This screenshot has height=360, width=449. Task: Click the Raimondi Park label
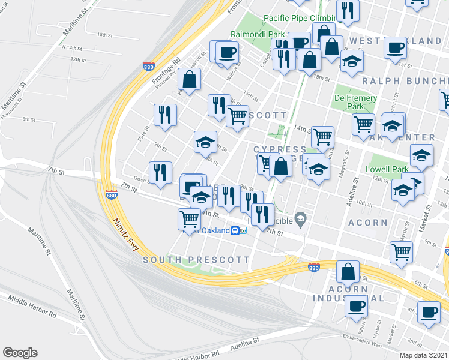pyautogui.click(x=258, y=35)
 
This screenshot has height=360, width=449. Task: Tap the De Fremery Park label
pyautogui.click(x=356, y=102)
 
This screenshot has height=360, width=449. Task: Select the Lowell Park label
pyautogui.click(x=387, y=170)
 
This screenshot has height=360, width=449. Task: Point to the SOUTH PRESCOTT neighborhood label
pyautogui.click(x=196, y=260)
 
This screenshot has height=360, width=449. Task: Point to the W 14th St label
pyautogui.click(x=70, y=47)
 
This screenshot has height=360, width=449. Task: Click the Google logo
pyautogui.click(x=20, y=353)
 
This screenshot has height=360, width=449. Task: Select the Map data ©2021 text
pyautogui.click(x=423, y=355)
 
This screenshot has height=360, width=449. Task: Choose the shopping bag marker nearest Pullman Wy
pyautogui.click(x=189, y=79)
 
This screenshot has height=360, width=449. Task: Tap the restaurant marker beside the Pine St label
pyautogui.click(x=164, y=115)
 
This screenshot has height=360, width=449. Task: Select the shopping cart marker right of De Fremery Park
pyautogui.click(x=364, y=125)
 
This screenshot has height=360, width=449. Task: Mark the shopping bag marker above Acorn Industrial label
pyautogui.click(x=348, y=272)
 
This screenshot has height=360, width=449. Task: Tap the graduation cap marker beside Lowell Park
pyautogui.click(x=422, y=156)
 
